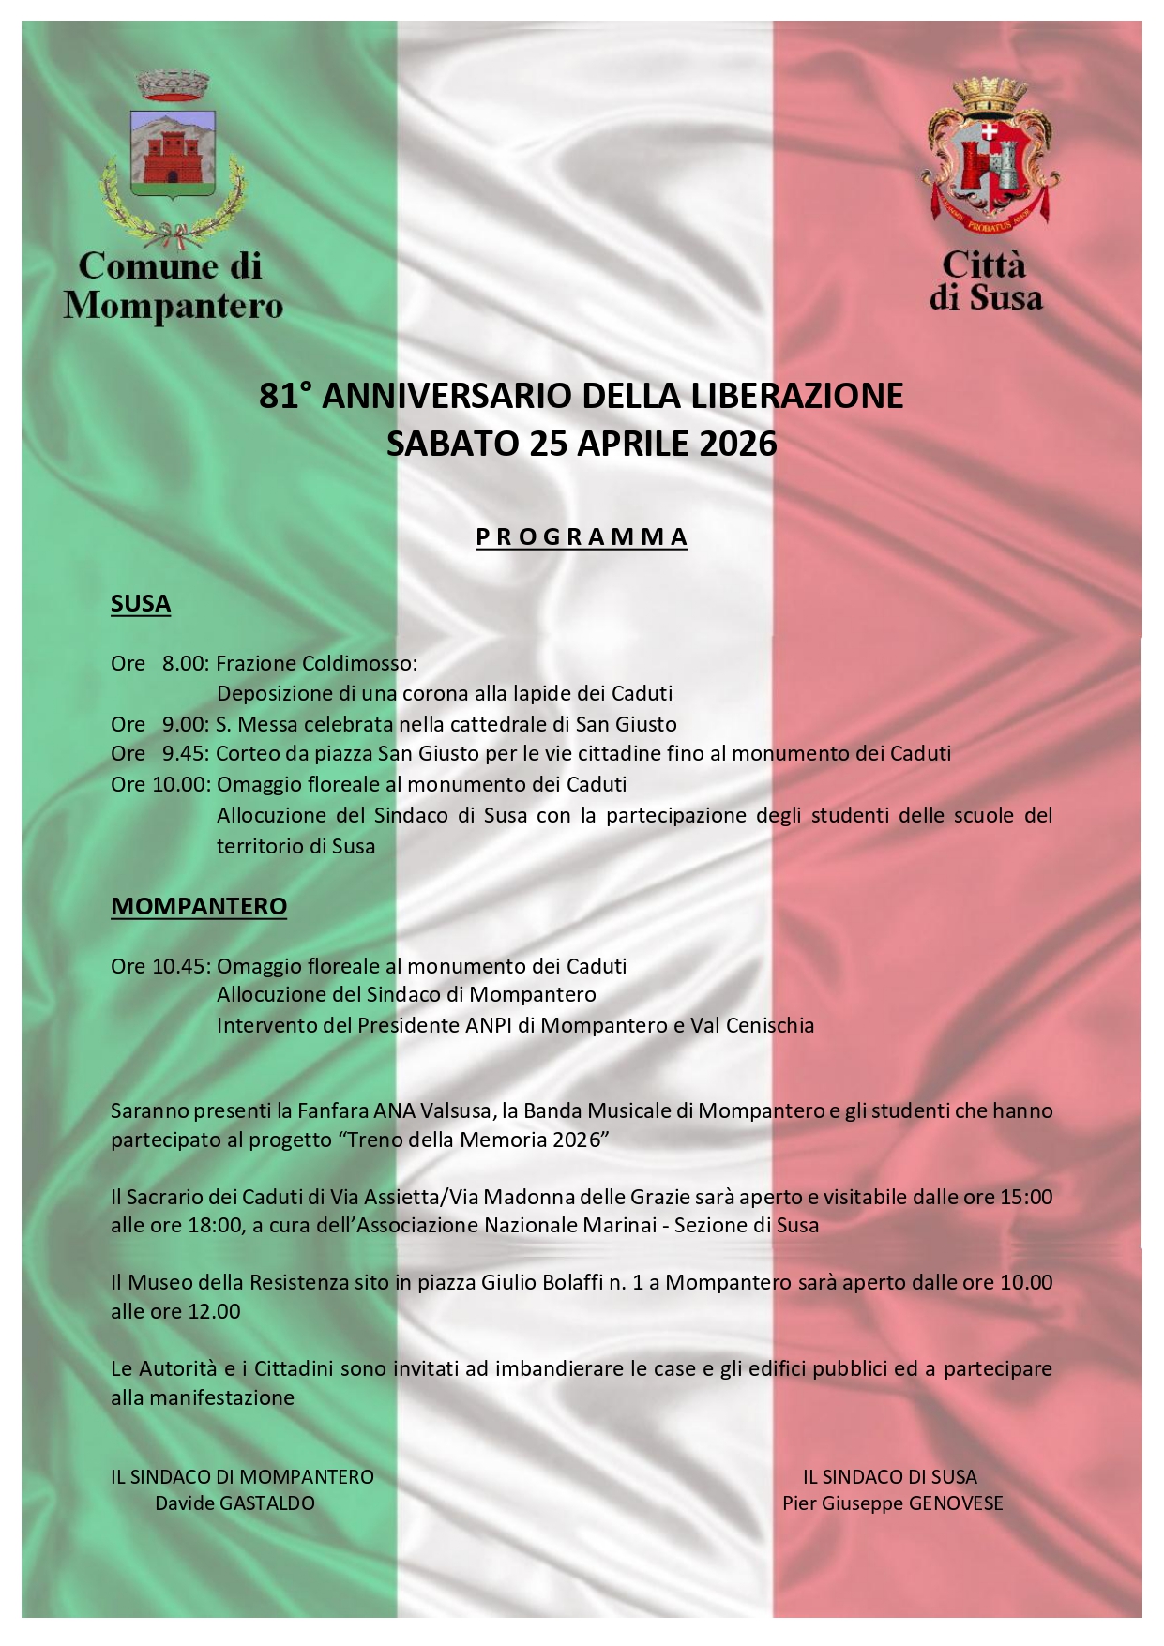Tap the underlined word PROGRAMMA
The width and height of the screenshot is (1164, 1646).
click(582, 537)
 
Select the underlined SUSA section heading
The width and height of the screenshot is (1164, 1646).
click(141, 603)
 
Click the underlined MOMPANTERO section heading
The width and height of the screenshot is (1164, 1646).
click(199, 906)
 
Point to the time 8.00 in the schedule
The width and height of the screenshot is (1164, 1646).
click(184, 664)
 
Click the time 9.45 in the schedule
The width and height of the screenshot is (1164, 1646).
click(184, 754)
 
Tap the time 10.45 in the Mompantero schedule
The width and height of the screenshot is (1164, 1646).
click(180, 966)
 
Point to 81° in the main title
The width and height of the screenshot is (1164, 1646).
click(285, 397)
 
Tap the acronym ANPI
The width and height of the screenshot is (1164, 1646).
click(490, 1025)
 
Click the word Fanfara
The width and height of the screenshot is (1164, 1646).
click(333, 1111)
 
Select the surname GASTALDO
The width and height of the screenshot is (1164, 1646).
click(266, 1503)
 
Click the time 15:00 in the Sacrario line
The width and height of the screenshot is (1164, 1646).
click(1026, 1197)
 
